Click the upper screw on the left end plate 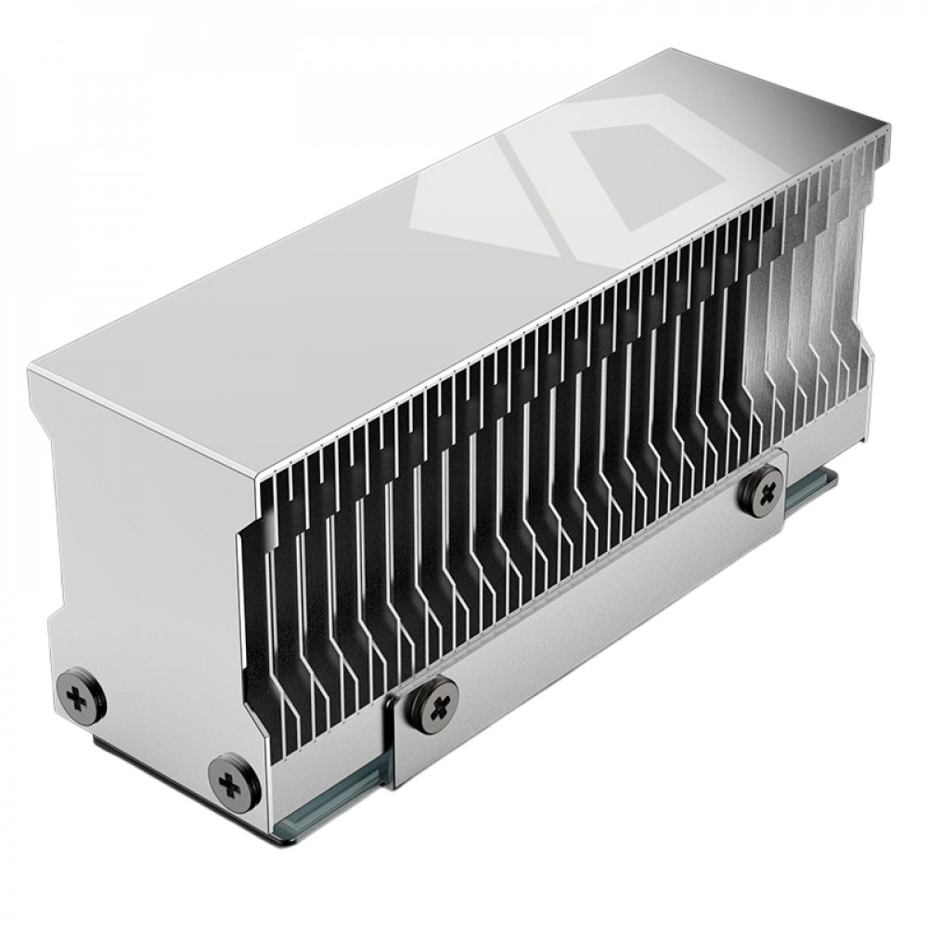coord(82,691)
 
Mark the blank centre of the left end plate coord(139,557)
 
